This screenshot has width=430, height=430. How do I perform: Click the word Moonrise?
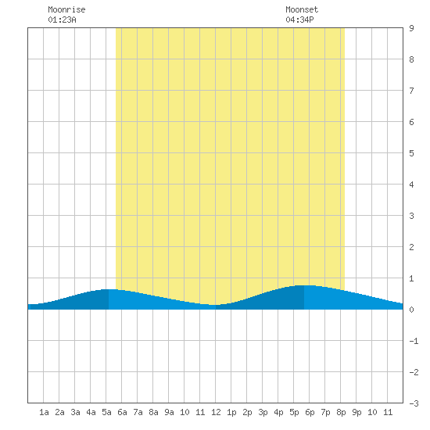pos(66,9)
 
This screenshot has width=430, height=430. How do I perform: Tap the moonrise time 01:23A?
pos(62,20)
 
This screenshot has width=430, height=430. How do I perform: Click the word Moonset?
pos(302,9)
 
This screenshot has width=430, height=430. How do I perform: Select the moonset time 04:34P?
pos(299,20)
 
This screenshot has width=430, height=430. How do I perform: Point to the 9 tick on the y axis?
pos(411,28)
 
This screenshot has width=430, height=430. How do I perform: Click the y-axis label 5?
pos(411,153)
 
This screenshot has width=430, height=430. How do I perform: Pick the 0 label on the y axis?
pos(411,310)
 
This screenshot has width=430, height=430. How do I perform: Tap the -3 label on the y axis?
pos(414,403)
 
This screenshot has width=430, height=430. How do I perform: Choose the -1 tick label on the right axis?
pos(414,341)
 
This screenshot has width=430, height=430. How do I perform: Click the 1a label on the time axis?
pos(44,412)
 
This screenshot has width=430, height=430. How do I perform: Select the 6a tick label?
pos(122,412)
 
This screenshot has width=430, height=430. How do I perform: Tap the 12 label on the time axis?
pos(216,412)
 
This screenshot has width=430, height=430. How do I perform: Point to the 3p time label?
pos(263,412)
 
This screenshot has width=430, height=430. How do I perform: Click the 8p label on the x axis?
pos(341,412)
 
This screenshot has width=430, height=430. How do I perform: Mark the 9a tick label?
pos(169,412)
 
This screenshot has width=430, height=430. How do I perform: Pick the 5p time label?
pos(294,412)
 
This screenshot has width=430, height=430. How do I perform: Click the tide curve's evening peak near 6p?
pos(304,285)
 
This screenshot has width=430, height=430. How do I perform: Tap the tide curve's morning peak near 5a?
pos(109,289)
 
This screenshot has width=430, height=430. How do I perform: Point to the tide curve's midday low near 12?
pos(215,305)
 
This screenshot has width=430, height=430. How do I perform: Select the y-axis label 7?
pos(411,91)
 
